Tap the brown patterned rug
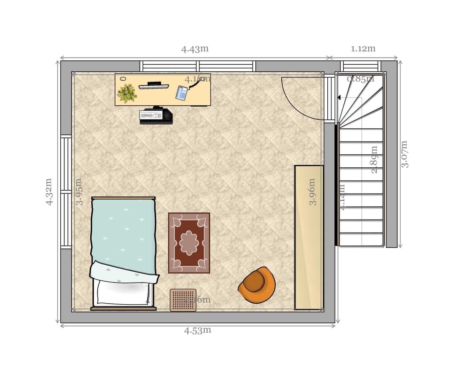189,243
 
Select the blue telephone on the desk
182,93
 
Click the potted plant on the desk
127,93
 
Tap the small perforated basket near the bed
183,300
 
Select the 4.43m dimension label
195,49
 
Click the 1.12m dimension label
363,49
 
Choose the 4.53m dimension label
198,331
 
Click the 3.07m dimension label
405,154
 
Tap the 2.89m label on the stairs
374,159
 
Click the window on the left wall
66,192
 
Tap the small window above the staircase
360,66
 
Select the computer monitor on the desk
154,85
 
